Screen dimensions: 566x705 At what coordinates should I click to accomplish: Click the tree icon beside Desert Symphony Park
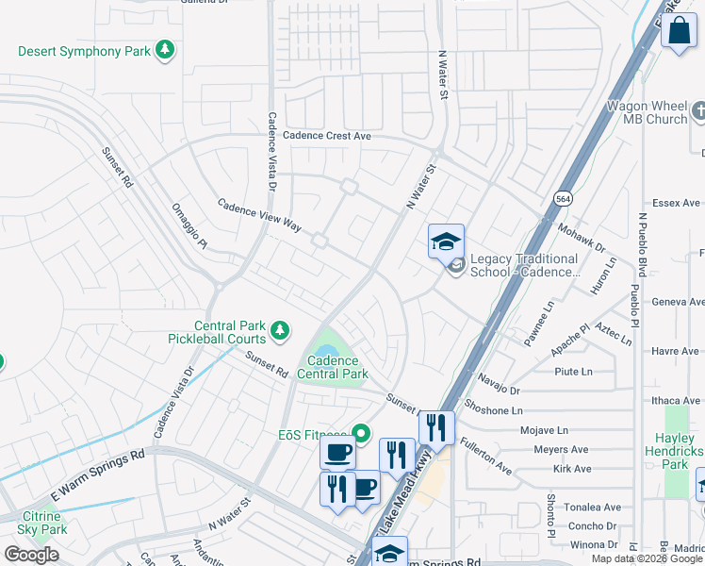(x=166, y=49)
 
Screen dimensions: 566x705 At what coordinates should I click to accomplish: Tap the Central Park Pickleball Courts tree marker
(x=279, y=330)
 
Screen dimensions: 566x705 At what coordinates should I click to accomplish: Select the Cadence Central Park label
(x=332, y=367)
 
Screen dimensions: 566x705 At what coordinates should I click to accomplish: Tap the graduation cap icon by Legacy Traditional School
(x=446, y=242)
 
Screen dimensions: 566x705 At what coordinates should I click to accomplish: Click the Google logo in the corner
(x=31, y=555)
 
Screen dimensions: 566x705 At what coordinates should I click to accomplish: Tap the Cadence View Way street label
(x=258, y=216)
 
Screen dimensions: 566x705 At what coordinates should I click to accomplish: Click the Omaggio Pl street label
(x=189, y=225)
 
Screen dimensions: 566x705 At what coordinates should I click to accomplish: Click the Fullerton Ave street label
(x=486, y=454)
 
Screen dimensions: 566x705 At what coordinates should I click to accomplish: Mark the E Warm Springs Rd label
(x=97, y=474)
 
